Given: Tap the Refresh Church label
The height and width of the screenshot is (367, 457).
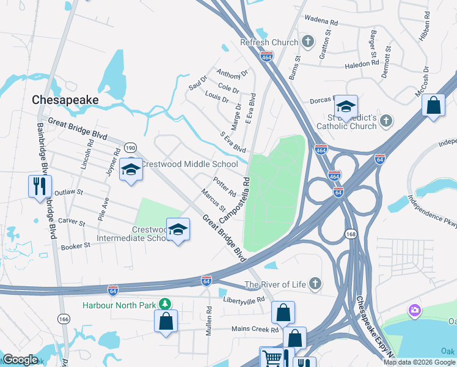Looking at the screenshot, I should pyautogui.click(x=269, y=42).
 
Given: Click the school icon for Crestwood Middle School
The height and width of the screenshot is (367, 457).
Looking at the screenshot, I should pyautogui.click(x=130, y=168).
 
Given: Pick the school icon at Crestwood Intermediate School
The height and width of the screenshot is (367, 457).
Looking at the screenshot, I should pyautogui.click(x=178, y=229).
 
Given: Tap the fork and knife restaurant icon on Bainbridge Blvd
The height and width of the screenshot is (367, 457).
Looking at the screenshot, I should pyautogui.click(x=40, y=185).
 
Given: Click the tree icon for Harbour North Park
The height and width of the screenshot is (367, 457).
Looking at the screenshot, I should pyautogui.click(x=164, y=303).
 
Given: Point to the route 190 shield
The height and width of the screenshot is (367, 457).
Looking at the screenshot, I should pyautogui.click(x=130, y=147).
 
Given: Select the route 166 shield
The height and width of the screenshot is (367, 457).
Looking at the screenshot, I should pyautogui.click(x=64, y=319).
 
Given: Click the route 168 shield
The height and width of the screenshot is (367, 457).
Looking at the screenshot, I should pyautogui.click(x=351, y=233).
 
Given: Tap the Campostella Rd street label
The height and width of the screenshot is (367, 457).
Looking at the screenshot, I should pyautogui.click(x=235, y=199).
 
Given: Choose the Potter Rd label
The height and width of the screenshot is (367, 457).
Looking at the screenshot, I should pyautogui.click(x=224, y=187).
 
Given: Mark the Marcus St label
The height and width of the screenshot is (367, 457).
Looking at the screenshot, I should pyautogui.click(x=213, y=200).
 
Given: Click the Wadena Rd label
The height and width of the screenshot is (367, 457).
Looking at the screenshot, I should pyautogui.click(x=325, y=20).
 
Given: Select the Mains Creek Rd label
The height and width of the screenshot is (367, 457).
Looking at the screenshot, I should pyautogui.click(x=255, y=329).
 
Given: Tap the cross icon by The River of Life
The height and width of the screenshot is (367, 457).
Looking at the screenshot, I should pyautogui.click(x=315, y=283).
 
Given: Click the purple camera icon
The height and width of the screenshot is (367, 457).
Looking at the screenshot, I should pyautogui.click(x=415, y=311).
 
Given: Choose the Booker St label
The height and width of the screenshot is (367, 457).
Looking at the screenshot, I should pyautogui.click(x=75, y=246).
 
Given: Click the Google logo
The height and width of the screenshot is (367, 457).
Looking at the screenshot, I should pyautogui.click(x=20, y=360).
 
